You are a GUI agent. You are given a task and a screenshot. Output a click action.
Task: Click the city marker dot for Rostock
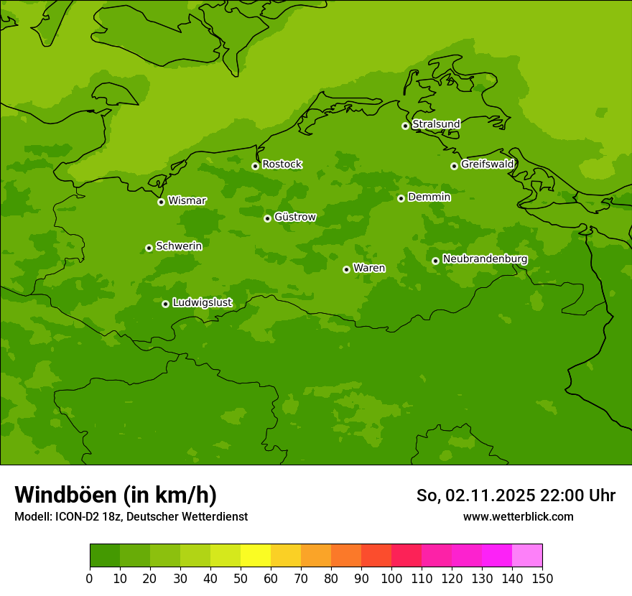tap(255, 166)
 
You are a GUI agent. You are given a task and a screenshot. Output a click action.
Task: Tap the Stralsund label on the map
tap(436, 124)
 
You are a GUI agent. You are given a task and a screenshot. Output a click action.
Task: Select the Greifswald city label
tap(487, 164)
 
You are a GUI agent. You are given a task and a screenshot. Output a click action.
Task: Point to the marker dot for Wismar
tap(161, 202)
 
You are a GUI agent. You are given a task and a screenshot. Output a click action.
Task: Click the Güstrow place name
tap(294, 217)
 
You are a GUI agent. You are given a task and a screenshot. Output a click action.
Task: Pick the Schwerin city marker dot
tap(149, 248)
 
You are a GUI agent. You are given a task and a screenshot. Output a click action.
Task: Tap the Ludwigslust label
tap(202, 303)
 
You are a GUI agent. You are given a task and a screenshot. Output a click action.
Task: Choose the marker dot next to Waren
tap(346, 269)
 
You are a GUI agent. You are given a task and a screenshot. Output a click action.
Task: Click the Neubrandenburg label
tap(485, 259)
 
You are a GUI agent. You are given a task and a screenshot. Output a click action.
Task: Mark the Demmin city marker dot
tap(401, 198)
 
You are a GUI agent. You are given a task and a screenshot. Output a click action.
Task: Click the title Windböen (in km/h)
tap(116, 495)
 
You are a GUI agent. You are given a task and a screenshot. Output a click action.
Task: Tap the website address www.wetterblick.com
tap(518, 517)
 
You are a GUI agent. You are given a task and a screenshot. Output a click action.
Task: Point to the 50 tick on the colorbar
tap(241, 578)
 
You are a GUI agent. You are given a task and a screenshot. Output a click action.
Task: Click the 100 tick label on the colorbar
tap(391, 578)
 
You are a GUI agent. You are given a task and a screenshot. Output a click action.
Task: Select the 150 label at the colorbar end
tap(542, 578)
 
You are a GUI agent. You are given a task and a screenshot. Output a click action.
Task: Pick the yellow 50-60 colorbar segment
tap(256, 556)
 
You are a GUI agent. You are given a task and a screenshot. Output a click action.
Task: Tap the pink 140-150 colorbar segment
tap(527, 556)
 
